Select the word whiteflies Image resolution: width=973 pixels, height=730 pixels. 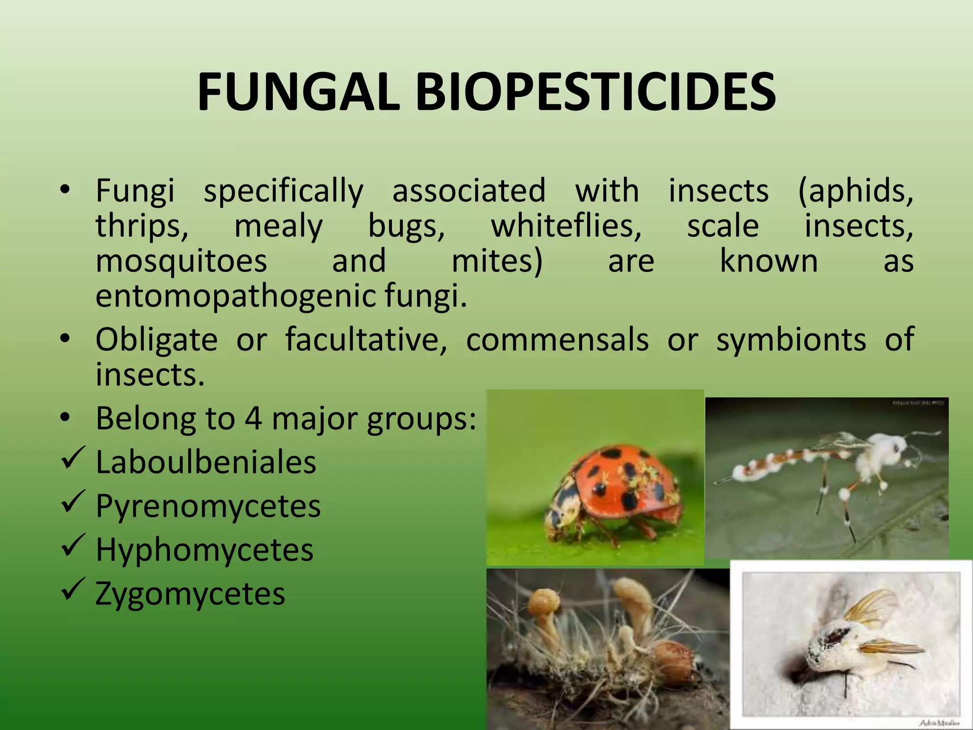point(566,226)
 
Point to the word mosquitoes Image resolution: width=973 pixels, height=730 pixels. point(181,261)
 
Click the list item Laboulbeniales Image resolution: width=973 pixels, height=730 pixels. point(206,462)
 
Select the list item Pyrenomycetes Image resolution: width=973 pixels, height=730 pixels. point(208,506)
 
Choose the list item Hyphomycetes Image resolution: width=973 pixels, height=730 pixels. point(204,550)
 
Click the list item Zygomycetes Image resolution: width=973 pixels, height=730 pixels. point(190,594)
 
